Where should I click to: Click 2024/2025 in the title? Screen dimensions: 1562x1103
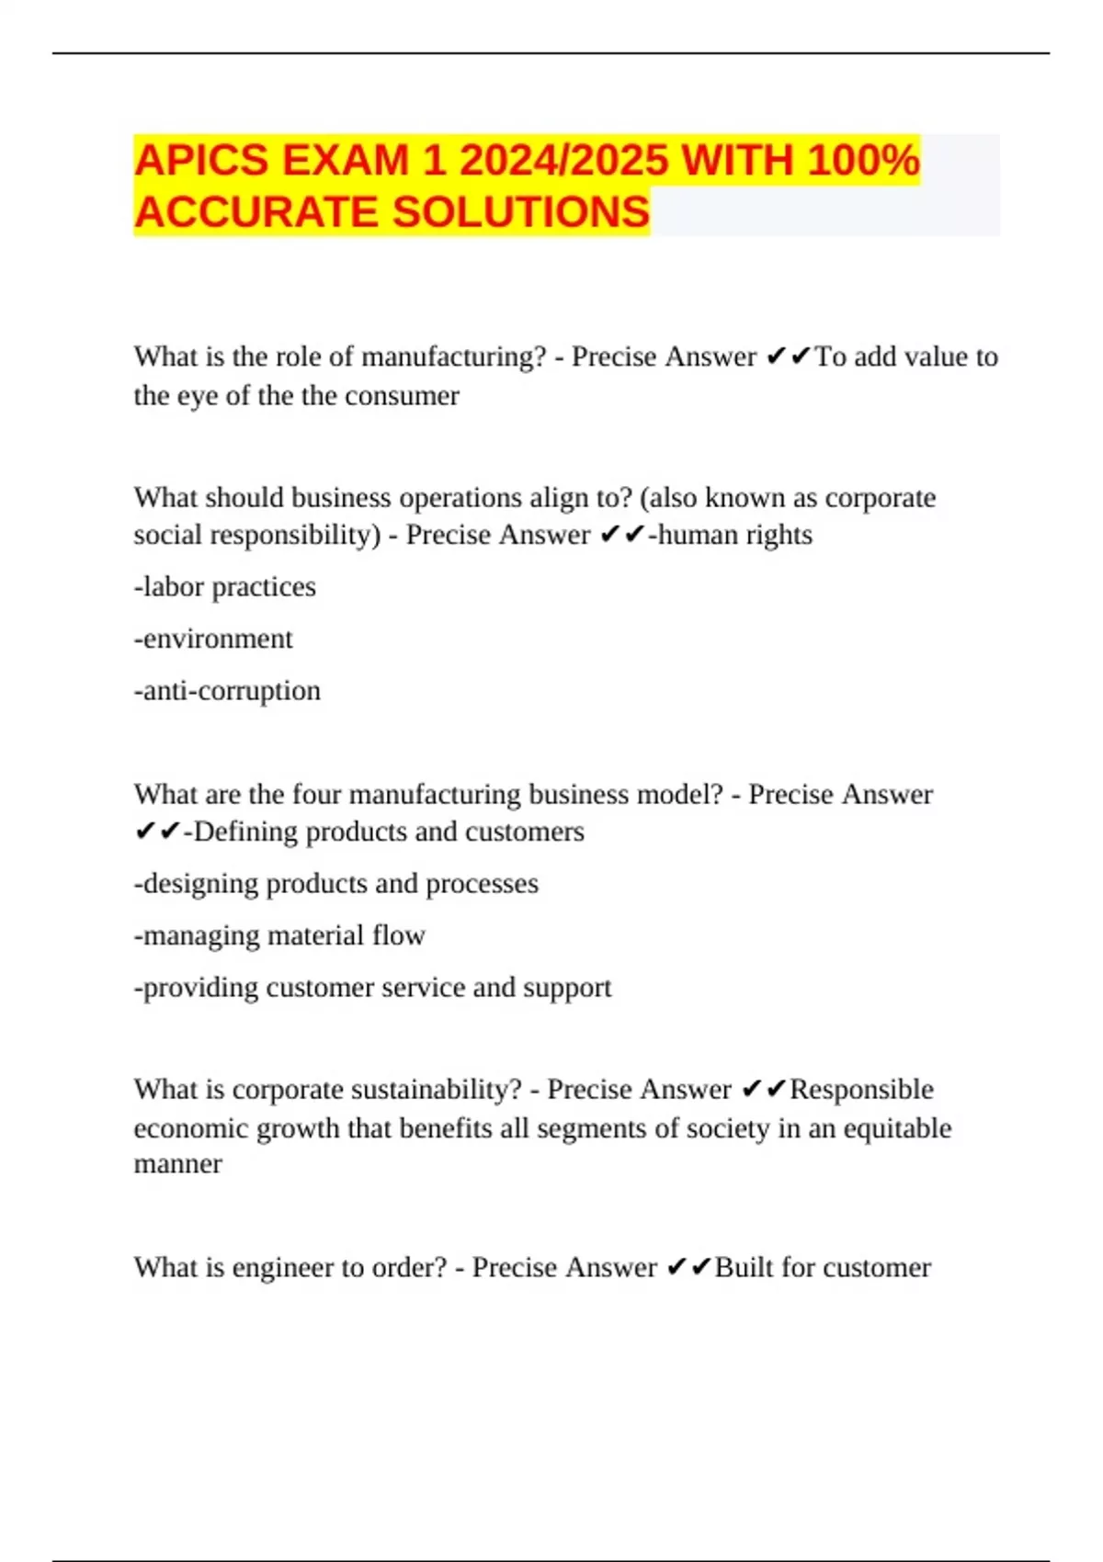pos(563,161)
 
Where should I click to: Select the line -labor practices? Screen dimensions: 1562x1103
pos(224,587)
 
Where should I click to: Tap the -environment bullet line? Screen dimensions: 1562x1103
pos(213,639)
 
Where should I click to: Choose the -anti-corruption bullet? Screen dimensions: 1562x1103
pos(227,691)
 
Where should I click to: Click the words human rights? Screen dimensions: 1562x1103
pos(734,535)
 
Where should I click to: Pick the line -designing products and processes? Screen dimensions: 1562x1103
pos(336,884)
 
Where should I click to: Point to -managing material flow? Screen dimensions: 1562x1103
pos(279,935)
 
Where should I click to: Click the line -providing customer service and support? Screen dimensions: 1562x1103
pos(372,988)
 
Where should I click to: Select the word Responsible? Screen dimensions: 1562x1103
pos(861,1090)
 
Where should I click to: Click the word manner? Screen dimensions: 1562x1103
pos(177,1164)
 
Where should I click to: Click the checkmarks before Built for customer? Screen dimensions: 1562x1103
pos(688,1268)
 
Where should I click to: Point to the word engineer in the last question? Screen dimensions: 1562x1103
pos(282,1268)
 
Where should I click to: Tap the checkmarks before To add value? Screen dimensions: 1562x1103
pos(788,357)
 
